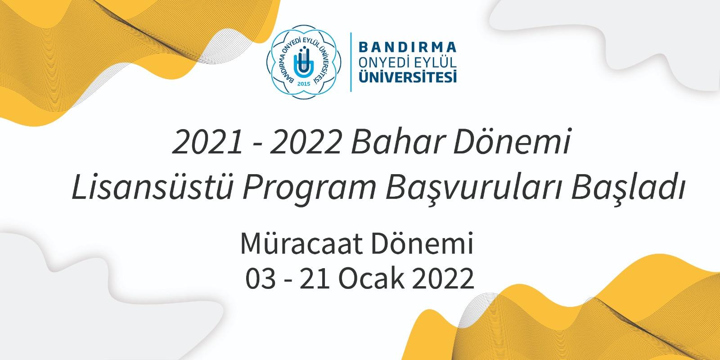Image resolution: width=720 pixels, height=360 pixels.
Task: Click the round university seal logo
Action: point(304,62)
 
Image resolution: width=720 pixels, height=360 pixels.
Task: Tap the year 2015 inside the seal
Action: point(304,84)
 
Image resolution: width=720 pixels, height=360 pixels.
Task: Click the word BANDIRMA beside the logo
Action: point(408,47)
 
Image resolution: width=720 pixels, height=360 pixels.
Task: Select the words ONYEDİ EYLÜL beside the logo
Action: point(408,63)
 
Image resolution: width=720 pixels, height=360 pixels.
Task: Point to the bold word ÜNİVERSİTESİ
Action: point(408,76)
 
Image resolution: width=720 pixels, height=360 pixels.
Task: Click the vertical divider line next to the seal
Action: point(351,62)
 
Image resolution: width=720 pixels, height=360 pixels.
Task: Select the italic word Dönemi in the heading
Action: point(512,141)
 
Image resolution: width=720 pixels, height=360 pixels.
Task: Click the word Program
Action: point(309,189)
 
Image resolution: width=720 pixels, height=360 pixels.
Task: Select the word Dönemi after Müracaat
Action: point(422,243)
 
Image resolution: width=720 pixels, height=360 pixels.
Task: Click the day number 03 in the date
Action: point(261,279)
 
